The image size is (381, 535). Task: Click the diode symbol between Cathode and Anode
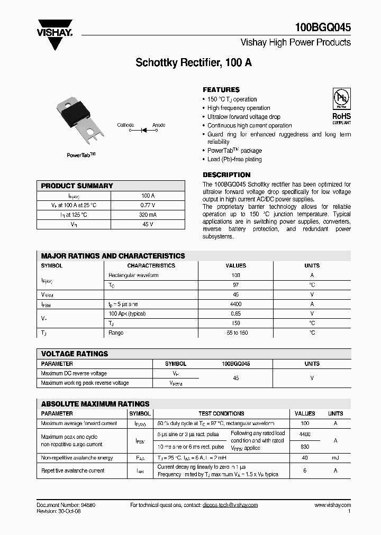click(x=143, y=129)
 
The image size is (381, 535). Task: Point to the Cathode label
click(x=125, y=125)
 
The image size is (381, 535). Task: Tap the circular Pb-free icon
click(x=341, y=99)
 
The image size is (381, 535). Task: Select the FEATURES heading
click(x=221, y=90)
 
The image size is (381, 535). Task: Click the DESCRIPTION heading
click(x=226, y=175)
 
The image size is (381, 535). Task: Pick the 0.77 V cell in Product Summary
click(x=148, y=205)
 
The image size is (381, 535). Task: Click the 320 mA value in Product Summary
click(x=148, y=215)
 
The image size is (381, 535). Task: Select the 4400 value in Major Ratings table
click(x=235, y=304)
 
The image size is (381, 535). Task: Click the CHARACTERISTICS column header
click(x=151, y=265)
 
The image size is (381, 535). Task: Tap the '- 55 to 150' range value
click(x=235, y=333)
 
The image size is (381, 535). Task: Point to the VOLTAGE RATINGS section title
click(x=75, y=354)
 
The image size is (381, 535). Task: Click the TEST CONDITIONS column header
click(x=221, y=413)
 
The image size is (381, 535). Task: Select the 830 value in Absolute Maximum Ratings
click(x=304, y=447)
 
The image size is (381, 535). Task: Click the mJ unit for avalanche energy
click(x=335, y=458)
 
